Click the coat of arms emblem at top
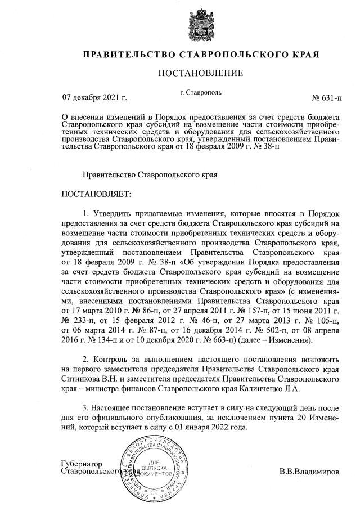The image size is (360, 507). point(200,24)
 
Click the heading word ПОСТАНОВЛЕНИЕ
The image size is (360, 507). point(200,73)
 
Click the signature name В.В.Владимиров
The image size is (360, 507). point(309,471)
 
